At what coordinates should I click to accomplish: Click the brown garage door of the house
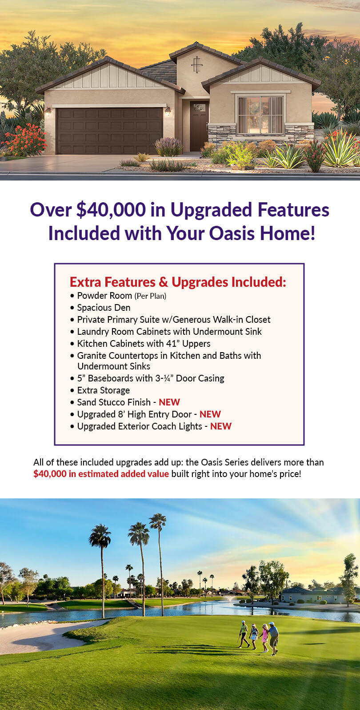(x=109, y=131)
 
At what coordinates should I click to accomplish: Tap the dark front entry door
(x=199, y=126)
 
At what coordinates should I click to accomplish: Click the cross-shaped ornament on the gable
(x=197, y=64)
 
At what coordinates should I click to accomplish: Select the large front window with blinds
(x=260, y=115)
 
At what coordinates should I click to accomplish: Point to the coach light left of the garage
(x=48, y=112)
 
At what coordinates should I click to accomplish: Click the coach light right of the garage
(x=168, y=111)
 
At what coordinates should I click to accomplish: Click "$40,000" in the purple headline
(x=111, y=210)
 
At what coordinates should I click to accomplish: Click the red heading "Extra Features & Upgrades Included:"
(x=178, y=282)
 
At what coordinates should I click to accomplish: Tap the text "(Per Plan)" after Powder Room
(x=151, y=296)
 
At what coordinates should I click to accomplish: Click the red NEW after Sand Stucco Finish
(x=169, y=402)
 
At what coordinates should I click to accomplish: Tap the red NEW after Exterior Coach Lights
(x=221, y=426)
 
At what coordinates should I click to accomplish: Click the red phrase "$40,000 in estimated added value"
(x=101, y=474)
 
